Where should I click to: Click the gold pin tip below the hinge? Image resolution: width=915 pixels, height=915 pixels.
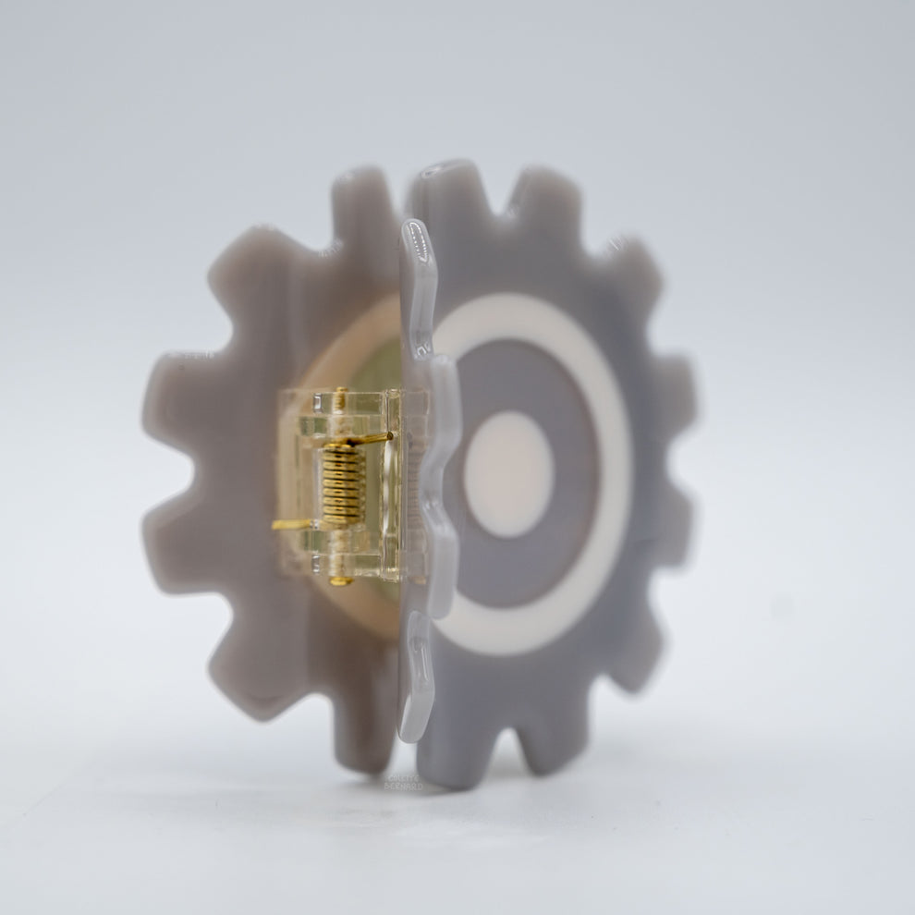(340, 581)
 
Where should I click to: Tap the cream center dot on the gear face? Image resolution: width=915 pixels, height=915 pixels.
(507, 474)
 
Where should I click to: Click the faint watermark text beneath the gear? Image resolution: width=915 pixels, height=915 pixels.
(402, 782)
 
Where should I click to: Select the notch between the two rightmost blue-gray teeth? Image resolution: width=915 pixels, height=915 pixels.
(661, 471)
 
